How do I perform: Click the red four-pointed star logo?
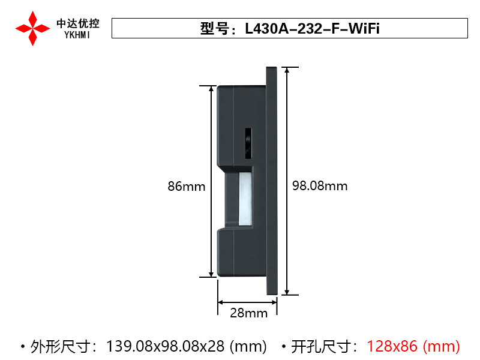pyautogui.click(x=32, y=28)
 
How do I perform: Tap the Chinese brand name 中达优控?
pyautogui.click(x=78, y=23)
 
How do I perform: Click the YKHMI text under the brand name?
pyautogui.click(x=77, y=35)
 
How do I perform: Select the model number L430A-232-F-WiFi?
pyautogui.click(x=312, y=28)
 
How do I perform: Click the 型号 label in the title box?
pyautogui.click(x=215, y=29)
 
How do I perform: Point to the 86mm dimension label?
pyautogui.click(x=187, y=186)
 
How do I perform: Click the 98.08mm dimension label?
pyautogui.click(x=320, y=186)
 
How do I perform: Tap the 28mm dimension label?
pyautogui.click(x=249, y=313)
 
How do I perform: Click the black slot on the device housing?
pyautogui.click(x=248, y=143)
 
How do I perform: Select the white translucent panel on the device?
pyautogui.click(x=245, y=199)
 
